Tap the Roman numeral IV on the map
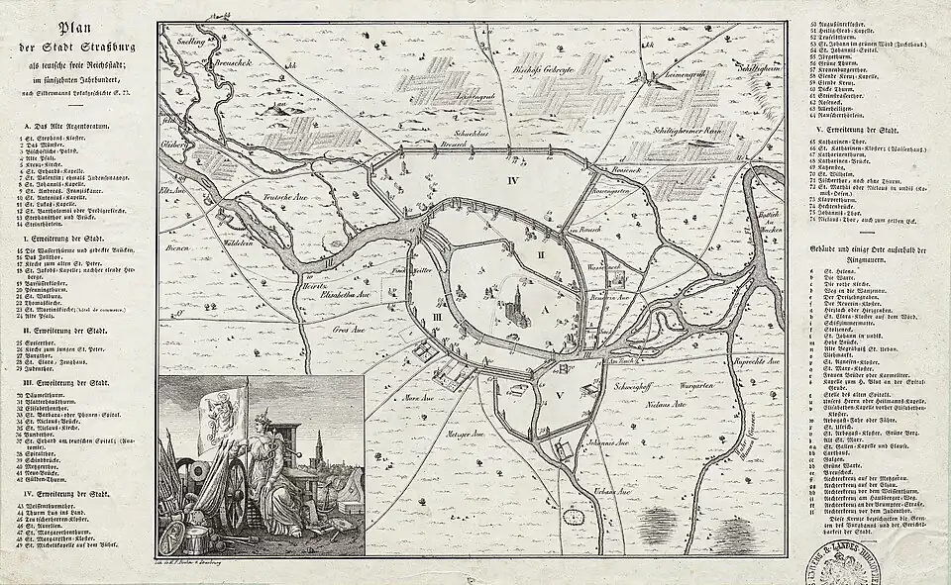(514, 182)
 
